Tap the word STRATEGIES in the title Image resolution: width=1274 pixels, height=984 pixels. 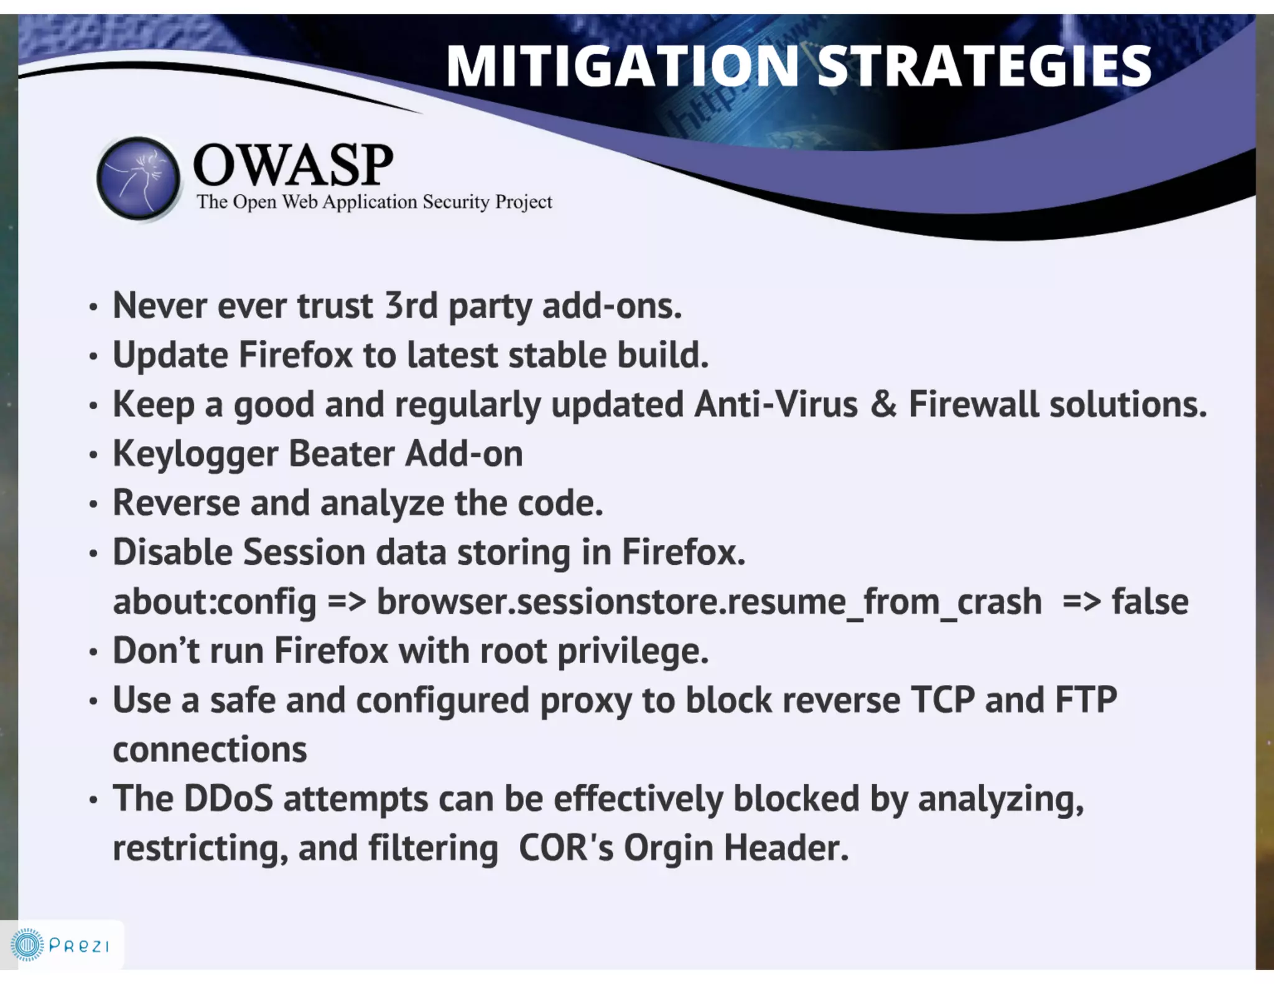click(x=984, y=66)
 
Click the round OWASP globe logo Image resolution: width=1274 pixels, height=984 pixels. click(x=138, y=179)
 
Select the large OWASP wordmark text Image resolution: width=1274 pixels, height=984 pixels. click(x=293, y=165)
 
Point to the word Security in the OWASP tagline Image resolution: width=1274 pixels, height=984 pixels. click(x=456, y=202)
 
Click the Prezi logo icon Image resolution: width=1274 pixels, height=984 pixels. click(x=27, y=945)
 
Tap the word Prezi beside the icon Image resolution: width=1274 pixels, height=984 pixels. click(x=79, y=946)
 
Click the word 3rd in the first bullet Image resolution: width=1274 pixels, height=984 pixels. click(x=411, y=306)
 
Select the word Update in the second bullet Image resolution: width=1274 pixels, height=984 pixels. click(x=170, y=355)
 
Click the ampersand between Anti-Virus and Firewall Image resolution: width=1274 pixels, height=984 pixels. click(x=883, y=404)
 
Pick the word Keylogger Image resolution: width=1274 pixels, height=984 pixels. click(x=195, y=454)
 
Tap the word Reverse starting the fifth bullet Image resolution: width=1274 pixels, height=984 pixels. click(x=176, y=503)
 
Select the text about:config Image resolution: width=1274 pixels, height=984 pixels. click(x=215, y=601)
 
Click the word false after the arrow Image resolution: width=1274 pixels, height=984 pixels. click(x=1150, y=601)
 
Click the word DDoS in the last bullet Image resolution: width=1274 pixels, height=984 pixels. click(x=228, y=799)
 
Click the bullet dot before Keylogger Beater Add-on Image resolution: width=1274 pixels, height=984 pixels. click(x=93, y=455)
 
